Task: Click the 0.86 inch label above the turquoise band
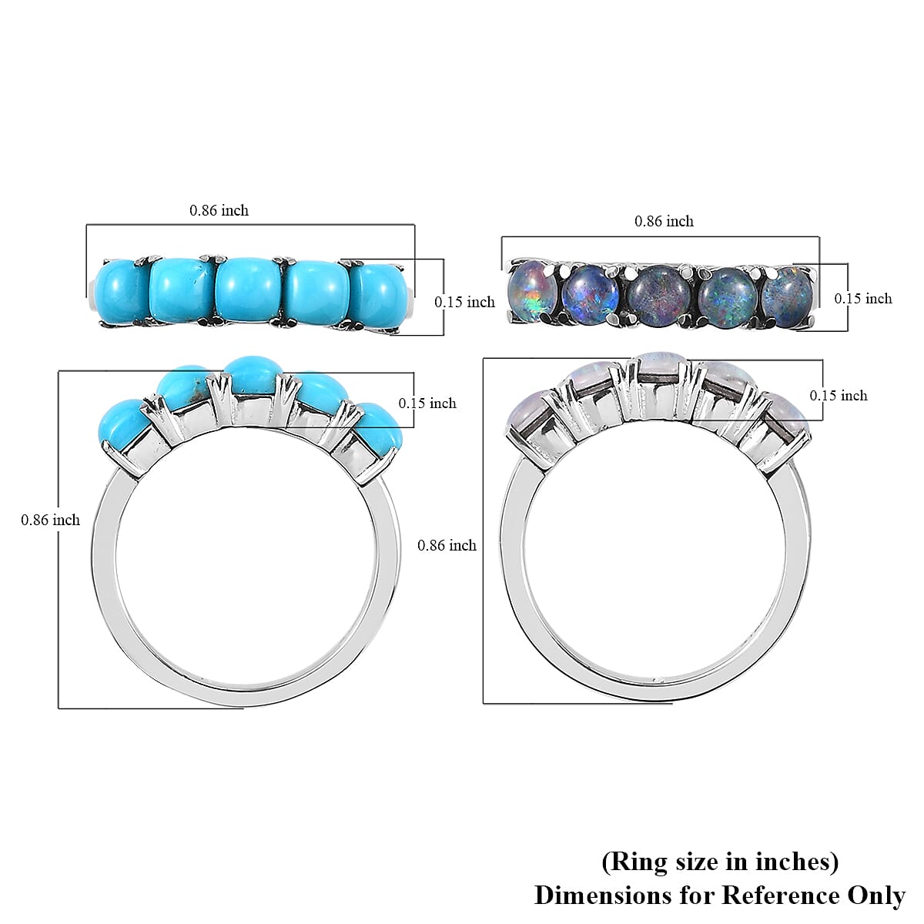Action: (x=219, y=210)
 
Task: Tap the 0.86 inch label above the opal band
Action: (x=664, y=221)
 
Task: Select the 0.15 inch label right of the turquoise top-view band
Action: (x=464, y=302)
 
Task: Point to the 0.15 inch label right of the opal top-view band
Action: (x=863, y=299)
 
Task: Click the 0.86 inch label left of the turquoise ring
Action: (x=50, y=520)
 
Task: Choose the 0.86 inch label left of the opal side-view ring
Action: (x=447, y=545)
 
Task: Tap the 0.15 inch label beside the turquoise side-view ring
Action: (x=427, y=403)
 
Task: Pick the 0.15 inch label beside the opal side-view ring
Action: (x=839, y=396)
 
